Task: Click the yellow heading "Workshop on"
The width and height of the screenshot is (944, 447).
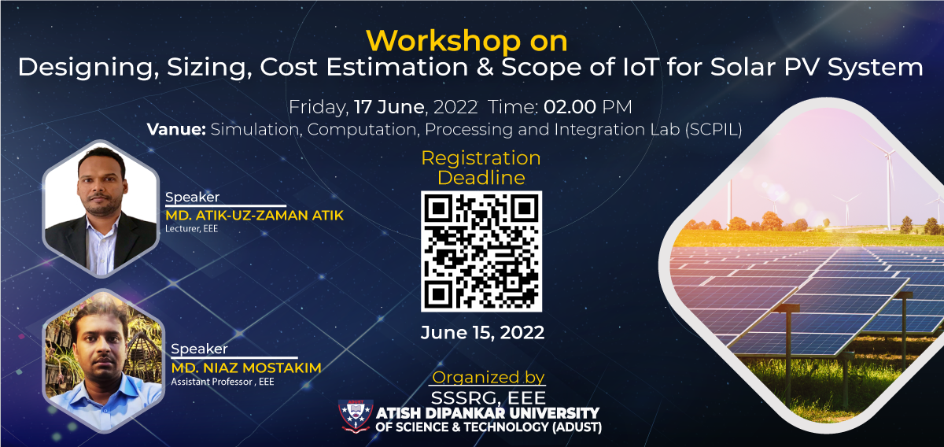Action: point(466,41)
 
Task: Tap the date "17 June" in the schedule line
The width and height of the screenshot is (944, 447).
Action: point(389,107)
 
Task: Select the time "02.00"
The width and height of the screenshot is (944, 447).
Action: point(570,107)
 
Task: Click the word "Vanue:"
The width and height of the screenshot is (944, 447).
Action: point(176,129)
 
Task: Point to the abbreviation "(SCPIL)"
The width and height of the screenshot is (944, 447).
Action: point(714,130)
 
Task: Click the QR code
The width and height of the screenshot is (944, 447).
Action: point(481,251)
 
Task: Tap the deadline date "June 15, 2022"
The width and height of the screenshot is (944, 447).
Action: point(482,333)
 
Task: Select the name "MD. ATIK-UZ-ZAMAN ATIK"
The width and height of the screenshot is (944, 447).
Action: point(255,216)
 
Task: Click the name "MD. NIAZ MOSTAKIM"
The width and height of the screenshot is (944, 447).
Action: point(246,368)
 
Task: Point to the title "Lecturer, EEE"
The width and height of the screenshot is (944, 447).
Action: point(191,228)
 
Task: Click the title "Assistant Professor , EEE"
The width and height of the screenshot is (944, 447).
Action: point(223,382)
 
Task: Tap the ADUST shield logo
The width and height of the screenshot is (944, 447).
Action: point(356,416)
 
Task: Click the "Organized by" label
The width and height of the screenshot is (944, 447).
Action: point(489,377)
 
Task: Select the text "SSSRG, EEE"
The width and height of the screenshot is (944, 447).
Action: point(489,397)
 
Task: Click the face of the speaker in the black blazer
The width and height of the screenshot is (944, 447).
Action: point(101,181)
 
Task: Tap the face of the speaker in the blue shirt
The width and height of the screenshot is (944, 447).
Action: point(101,346)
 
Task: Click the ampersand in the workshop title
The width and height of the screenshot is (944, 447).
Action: point(485,67)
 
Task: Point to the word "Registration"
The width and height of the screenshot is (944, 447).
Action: point(481,158)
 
